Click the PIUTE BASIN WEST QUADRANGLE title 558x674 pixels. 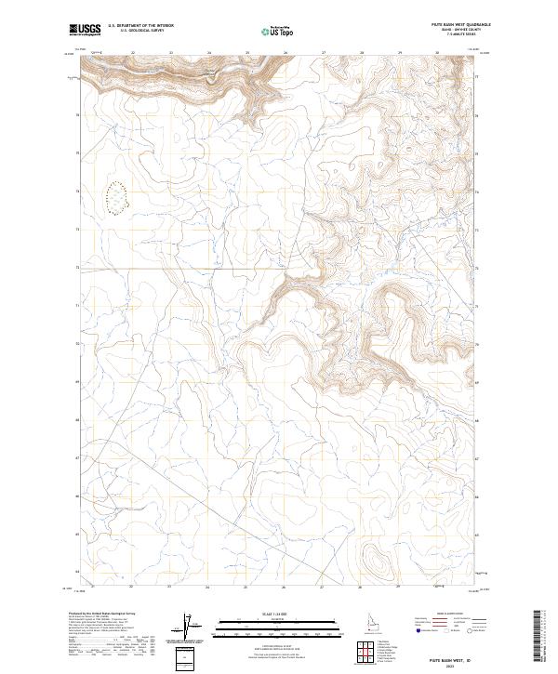(x=453, y=25)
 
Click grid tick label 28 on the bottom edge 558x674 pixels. (x=360, y=588)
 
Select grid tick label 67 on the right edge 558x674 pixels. (x=480, y=458)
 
